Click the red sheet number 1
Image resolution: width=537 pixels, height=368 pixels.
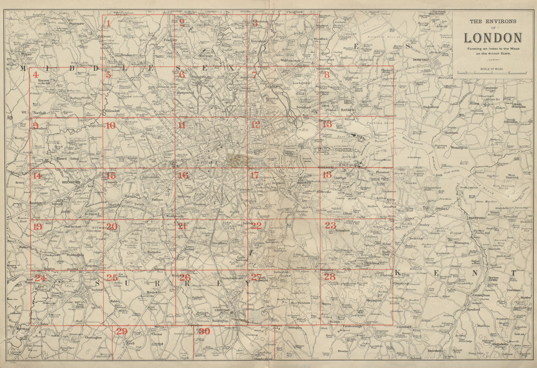pyautogui.click(x=108, y=23)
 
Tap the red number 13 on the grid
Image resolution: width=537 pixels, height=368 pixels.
pyautogui.click(x=327, y=124)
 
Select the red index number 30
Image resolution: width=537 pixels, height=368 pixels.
pyautogui.click(x=204, y=332)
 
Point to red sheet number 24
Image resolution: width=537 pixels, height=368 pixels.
pyautogui.click(x=40, y=278)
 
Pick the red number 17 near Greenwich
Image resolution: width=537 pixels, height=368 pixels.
pyautogui.click(x=255, y=175)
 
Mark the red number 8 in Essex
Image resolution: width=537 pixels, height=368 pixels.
pyautogui.click(x=326, y=75)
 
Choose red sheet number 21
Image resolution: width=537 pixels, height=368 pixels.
pyautogui.click(x=183, y=226)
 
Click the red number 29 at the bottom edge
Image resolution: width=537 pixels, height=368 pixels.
pyautogui.click(x=121, y=332)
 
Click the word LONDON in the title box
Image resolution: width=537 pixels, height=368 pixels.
pyautogui.click(x=492, y=38)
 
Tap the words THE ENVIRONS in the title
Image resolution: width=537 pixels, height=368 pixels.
pyautogui.click(x=492, y=22)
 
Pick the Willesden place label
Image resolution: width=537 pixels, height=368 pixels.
pyautogui.click(x=112, y=111)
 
